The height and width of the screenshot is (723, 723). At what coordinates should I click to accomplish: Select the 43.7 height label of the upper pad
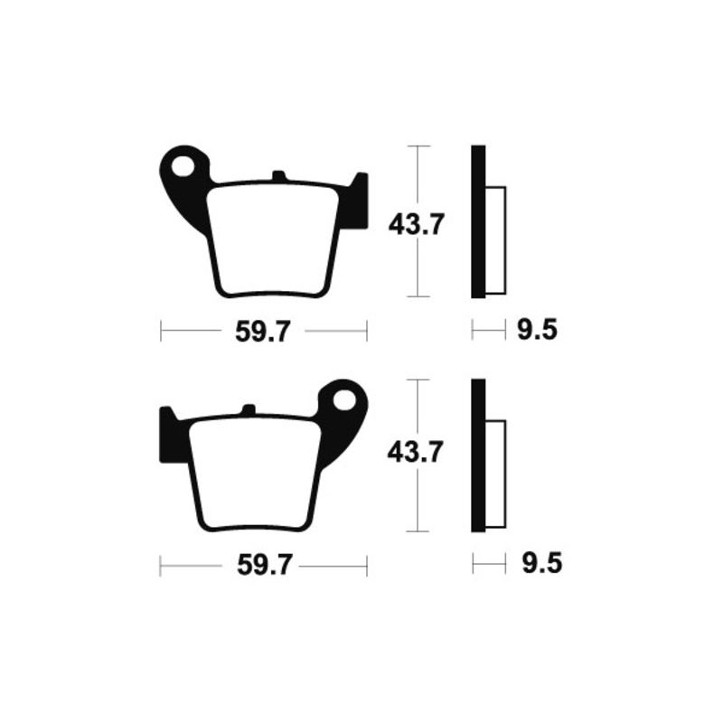coord(415,223)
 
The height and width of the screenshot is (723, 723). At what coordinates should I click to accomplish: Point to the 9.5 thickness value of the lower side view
coord(541,566)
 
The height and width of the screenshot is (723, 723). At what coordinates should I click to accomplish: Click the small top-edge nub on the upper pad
coord(278,175)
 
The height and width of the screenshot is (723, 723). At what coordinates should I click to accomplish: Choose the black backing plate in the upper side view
coord(478,222)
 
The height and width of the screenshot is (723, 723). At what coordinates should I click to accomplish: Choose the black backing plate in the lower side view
coord(478,455)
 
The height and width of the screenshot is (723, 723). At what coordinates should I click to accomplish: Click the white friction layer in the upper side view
coord(496,239)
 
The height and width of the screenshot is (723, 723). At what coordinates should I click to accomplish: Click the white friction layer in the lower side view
coord(496,474)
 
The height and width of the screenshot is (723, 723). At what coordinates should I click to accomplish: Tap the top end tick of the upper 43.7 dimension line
coord(416,146)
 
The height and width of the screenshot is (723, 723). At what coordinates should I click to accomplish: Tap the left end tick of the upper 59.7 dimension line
coord(161,332)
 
